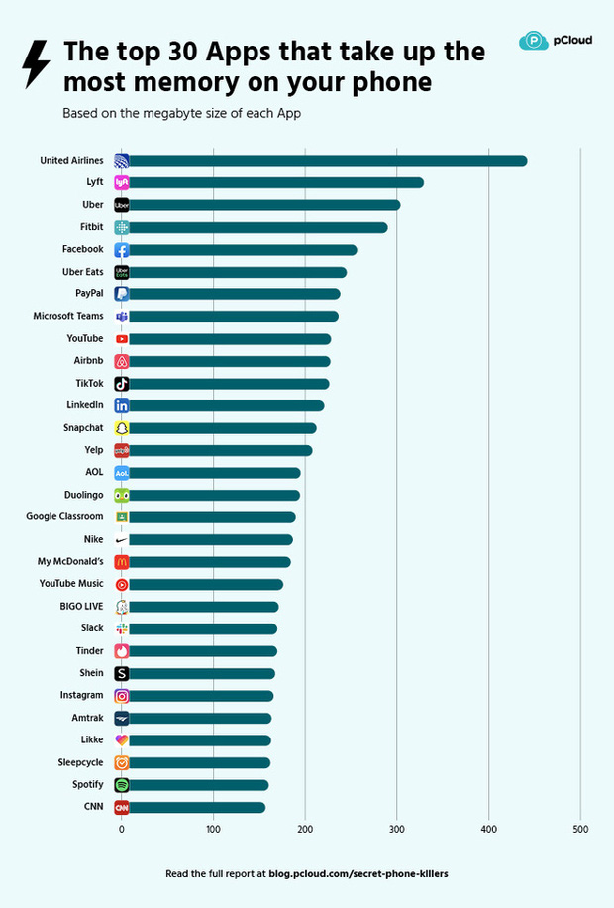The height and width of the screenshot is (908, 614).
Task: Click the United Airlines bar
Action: click(327, 161)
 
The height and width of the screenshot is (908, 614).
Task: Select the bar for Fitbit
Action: click(257, 227)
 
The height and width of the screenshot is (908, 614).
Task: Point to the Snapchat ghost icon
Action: click(122, 428)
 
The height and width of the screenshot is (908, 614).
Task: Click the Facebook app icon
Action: click(122, 250)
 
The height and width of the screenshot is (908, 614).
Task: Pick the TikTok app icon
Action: click(122, 384)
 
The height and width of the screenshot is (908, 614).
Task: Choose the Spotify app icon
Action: click(122, 785)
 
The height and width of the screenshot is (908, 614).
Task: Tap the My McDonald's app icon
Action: click(122, 562)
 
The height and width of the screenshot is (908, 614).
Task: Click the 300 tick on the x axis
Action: click(396, 829)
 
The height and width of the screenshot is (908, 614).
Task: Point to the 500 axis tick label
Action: click(580, 829)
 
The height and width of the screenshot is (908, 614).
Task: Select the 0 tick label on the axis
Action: click(122, 829)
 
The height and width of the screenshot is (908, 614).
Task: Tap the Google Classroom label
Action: click(64, 517)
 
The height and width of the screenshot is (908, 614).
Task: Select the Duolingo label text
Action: click(79, 495)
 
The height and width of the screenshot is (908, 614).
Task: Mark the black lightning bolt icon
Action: click(36, 65)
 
